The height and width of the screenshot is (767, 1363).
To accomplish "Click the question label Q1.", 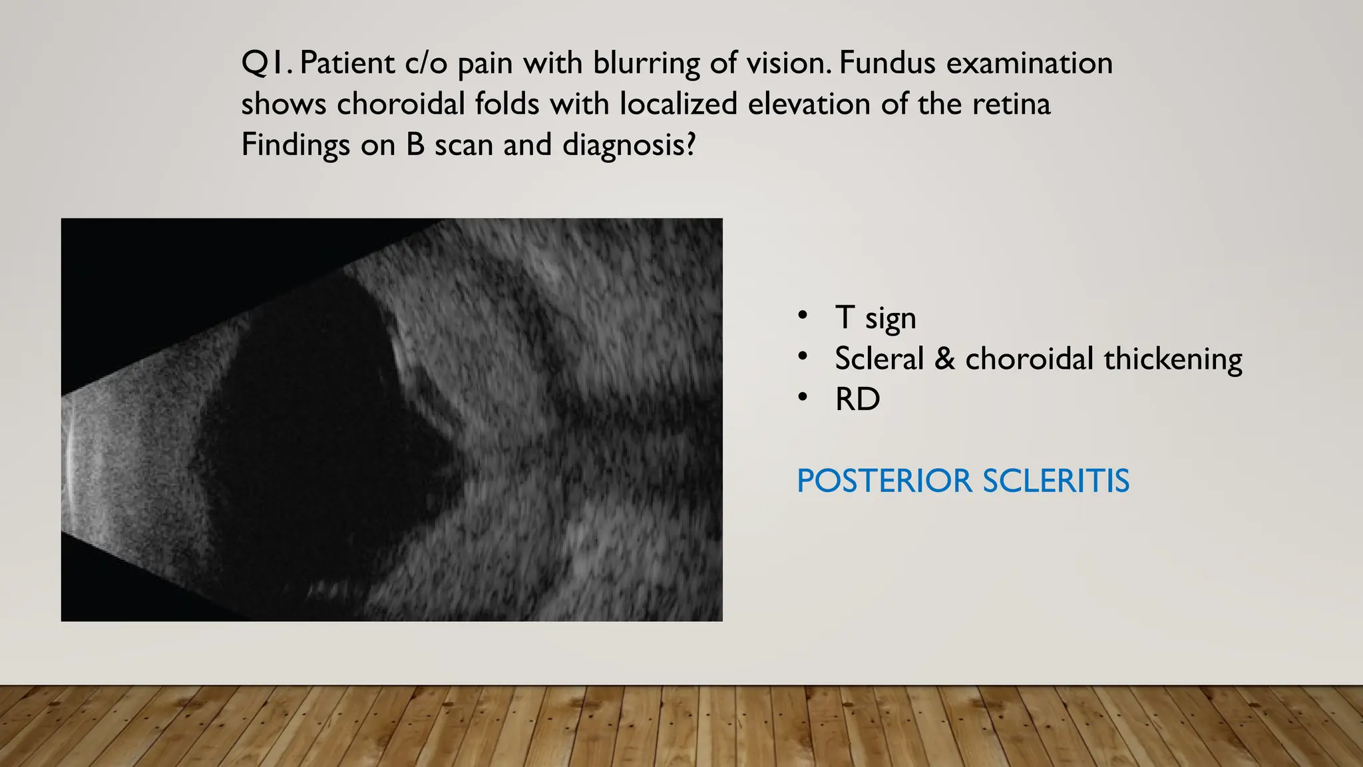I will point(266,64).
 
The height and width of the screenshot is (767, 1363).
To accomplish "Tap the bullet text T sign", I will point(875,318).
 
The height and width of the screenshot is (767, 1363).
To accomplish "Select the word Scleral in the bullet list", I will point(879,359).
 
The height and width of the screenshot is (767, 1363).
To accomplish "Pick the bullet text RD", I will point(857,399).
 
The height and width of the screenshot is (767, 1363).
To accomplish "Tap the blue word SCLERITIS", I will point(1056,481).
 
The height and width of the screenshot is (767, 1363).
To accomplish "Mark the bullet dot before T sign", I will point(803,316).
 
